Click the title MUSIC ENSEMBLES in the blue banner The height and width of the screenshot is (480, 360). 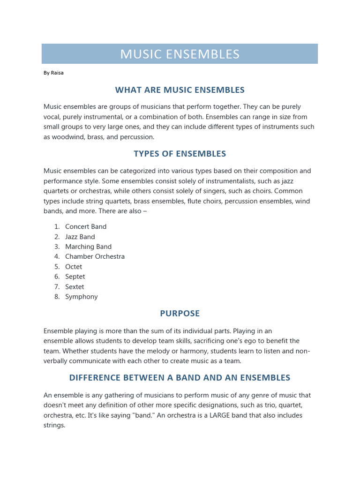tap(180, 54)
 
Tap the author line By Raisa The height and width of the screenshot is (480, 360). tap(53, 73)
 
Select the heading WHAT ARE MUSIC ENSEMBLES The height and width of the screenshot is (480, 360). tap(180, 90)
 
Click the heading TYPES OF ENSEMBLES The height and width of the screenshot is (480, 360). tap(180, 154)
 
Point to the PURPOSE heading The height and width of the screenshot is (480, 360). tap(180, 313)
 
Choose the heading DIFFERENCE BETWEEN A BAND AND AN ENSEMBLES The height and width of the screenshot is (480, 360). tap(180, 377)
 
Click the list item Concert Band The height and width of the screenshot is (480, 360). tap(86, 226)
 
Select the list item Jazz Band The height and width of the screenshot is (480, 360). tap(80, 237)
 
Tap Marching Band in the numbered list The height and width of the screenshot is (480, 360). tap(88, 247)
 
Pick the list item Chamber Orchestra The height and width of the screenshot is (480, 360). tap(95, 256)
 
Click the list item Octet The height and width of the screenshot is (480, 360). tap(74, 267)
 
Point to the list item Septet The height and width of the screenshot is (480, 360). tap(75, 277)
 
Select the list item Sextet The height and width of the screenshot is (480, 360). tap(75, 287)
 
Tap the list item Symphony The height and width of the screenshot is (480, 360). tap(82, 297)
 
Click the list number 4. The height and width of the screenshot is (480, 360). tap(56, 256)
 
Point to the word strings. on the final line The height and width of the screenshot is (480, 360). tap(54, 426)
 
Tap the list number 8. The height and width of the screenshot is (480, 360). tap(56, 297)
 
